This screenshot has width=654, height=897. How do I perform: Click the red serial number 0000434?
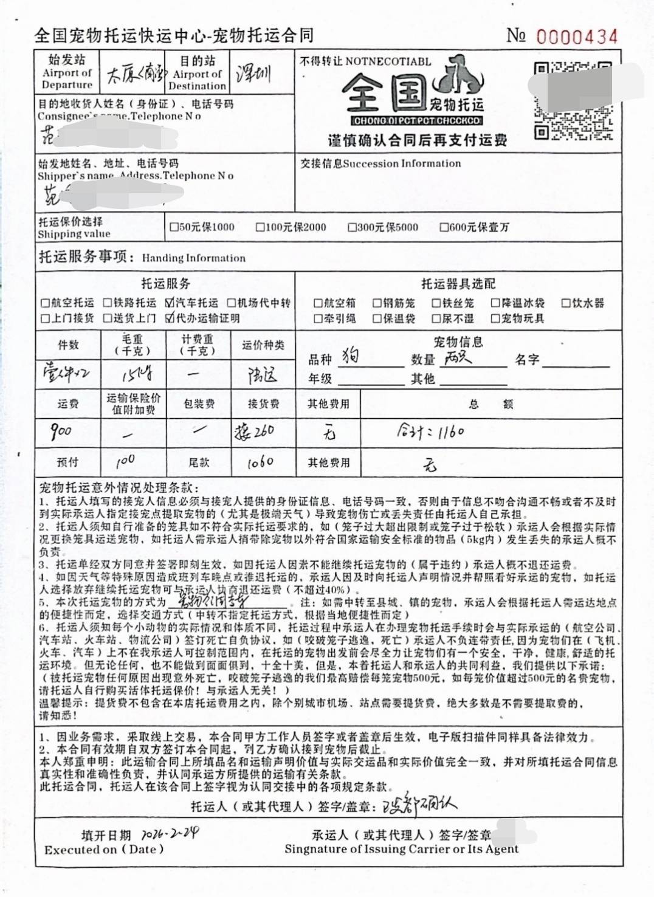[x=576, y=37]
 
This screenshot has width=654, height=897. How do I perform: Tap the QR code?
[x=572, y=101]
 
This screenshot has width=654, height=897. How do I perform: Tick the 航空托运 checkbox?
[x=45, y=303]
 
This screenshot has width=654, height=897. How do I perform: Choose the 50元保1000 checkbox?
[x=174, y=227]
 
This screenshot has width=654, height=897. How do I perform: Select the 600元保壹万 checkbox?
[x=444, y=227]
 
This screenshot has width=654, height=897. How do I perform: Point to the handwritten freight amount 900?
[x=61, y=432]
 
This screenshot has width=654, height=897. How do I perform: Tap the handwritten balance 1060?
[x=260, y=462]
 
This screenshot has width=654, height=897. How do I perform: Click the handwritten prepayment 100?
[x=125, y=461]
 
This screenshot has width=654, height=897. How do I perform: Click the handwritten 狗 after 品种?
[x=351, y=355]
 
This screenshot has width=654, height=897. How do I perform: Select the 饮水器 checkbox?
[x=566, y=303]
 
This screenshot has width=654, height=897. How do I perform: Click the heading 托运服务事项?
[x=83, y=256]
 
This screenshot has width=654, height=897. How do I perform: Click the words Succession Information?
[x=402, y=163]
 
